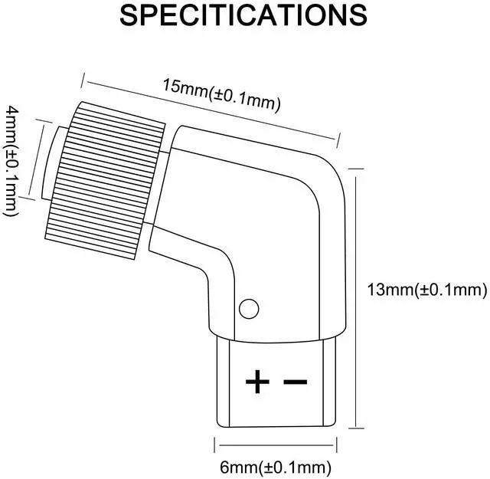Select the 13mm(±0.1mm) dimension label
pos(426,290)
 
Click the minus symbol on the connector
pos(296,381)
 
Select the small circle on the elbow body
pos(248,308)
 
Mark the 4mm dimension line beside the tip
pos(34,161)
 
